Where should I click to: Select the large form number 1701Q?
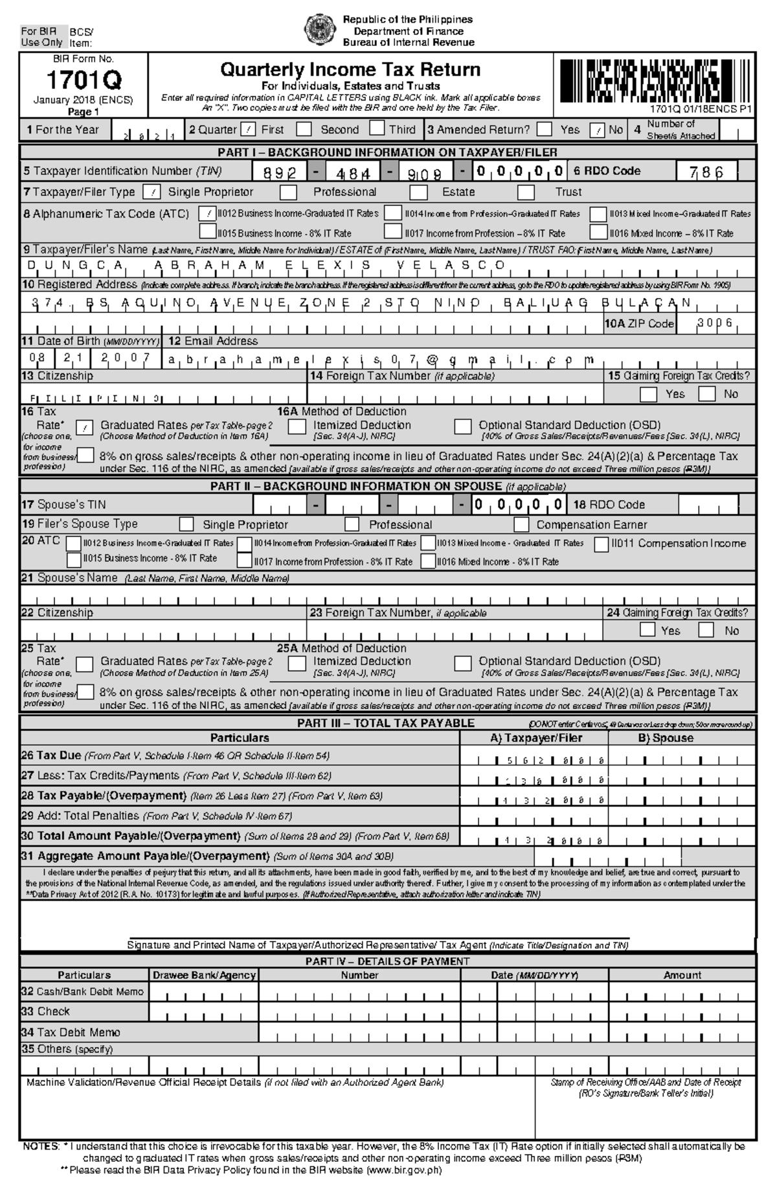click(84, 81)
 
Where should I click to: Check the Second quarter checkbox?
click(304, 129)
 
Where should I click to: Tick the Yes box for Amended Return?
click(545, 129)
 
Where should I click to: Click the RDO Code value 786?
click(707, 172)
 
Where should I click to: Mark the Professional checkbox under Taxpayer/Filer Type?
click(288, 192)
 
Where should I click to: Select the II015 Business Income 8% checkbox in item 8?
click(207, 232)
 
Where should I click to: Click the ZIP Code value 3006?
click(715, 323)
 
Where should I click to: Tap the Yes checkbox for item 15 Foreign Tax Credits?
click(647, 394)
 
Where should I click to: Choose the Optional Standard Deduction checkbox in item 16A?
click(462, 426)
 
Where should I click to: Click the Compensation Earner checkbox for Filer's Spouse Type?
click(521, 524)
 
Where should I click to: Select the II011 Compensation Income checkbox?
click(602, 544)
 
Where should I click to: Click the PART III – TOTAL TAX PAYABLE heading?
click(386, 723)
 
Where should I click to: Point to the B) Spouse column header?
click(665, 738)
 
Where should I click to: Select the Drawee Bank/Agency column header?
click(204, 975)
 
